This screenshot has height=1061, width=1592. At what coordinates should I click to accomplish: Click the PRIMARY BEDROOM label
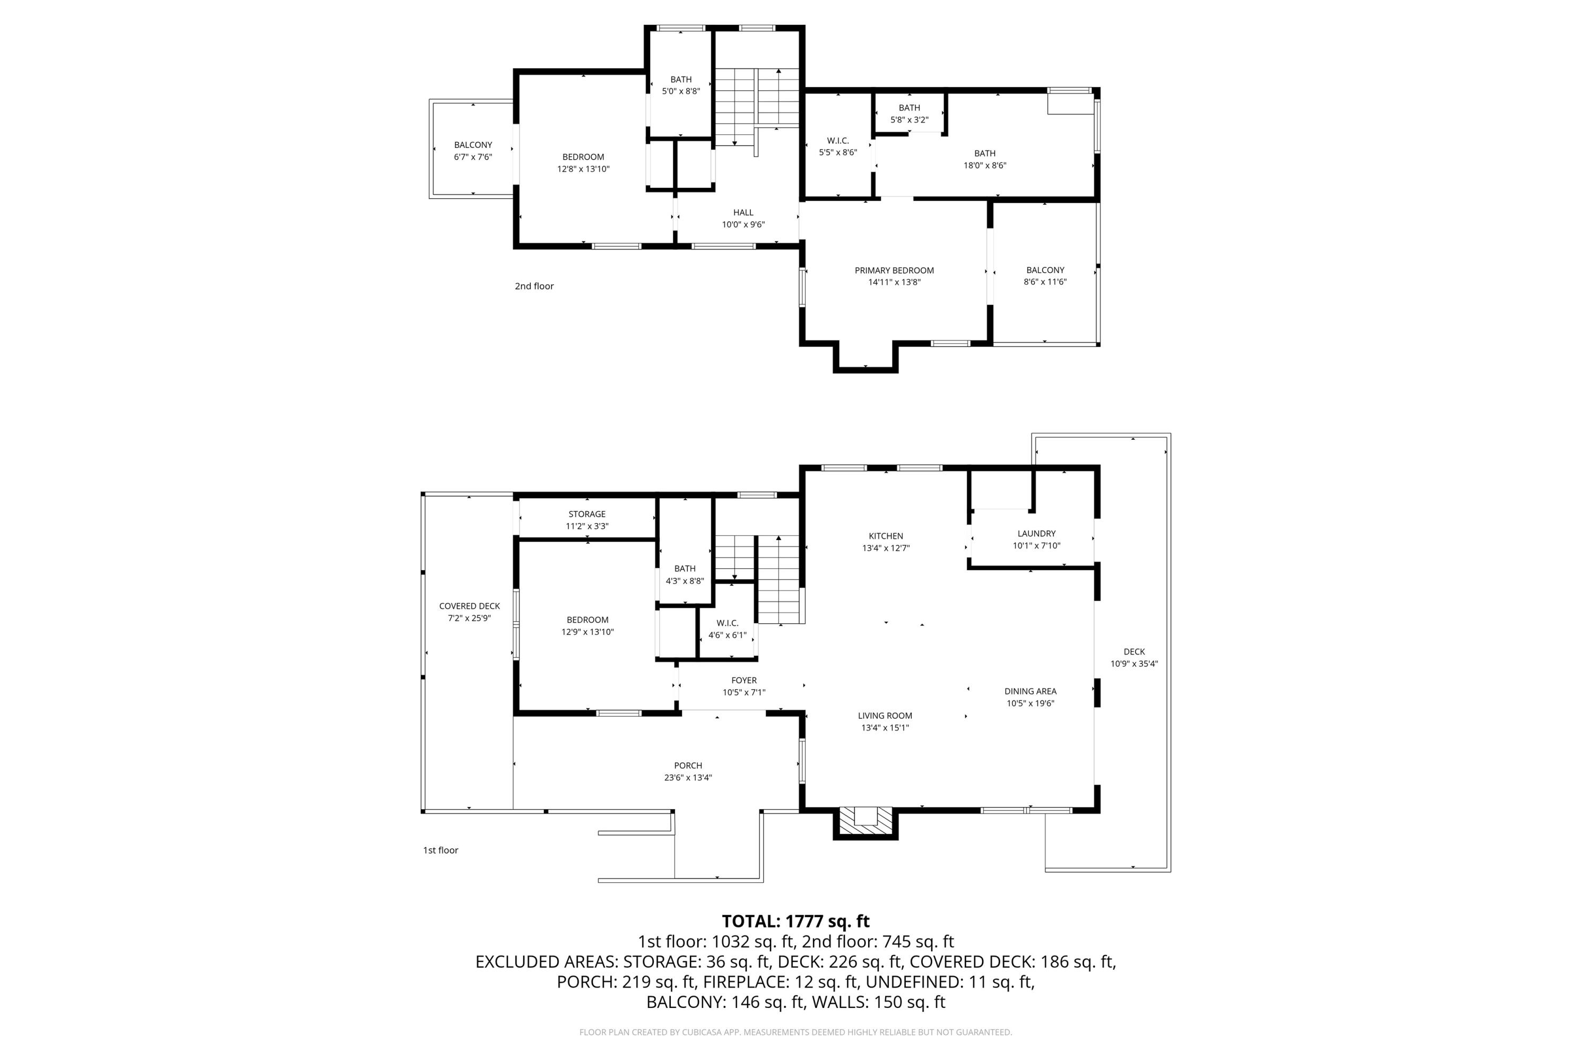[x=894, y=271]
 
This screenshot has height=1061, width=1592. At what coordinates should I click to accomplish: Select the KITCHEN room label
[x=885, y=536]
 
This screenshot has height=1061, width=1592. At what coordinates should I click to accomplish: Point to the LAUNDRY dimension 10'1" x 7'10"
[x=1036, y=546]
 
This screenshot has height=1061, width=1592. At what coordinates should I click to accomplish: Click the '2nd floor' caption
[x=534, y=286]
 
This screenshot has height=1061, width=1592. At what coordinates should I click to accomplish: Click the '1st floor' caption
[x=440, y=850]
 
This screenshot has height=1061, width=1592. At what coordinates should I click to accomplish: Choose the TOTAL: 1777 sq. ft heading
[x=795, y=921]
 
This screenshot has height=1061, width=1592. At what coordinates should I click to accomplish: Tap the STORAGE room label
[x=587, y=514]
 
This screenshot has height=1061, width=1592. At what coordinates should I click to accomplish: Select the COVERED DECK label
[x=469, y=606]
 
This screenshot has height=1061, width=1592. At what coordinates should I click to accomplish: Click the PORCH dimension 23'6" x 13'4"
[x=688, y=778]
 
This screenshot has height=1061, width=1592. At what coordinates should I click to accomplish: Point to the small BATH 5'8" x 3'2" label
[x=909, y=114]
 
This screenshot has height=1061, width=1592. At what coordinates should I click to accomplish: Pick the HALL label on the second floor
[x=743, y=213]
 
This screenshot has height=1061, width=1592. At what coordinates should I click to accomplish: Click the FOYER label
[x=744, y=681]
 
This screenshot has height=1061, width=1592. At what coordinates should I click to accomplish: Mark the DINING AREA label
[x=1030, y=692]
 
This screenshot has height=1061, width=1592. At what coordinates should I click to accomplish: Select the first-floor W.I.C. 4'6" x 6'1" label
[x=728, y=629]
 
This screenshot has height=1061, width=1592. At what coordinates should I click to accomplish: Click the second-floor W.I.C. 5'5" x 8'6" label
[x=838, y=147]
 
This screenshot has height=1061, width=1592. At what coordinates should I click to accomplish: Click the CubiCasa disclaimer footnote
[x=795, y=1032]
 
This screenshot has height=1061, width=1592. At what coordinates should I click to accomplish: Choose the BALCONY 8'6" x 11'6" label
[x=1045, y=276]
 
